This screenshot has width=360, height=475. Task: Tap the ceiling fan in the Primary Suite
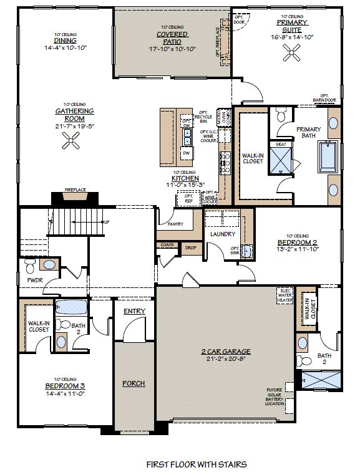coord(291,55)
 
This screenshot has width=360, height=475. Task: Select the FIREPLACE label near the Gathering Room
coord(75,190)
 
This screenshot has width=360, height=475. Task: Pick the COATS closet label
coord(167,245)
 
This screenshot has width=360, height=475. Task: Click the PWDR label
coord(34,281)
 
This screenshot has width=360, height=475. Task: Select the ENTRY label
coord(134,311)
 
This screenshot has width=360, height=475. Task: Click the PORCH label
coord(134,383)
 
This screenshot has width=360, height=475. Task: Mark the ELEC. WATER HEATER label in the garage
coord(285,295)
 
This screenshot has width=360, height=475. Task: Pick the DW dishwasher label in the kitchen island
coord(186,152)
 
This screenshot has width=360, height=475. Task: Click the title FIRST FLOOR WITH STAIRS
coord(196,464)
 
